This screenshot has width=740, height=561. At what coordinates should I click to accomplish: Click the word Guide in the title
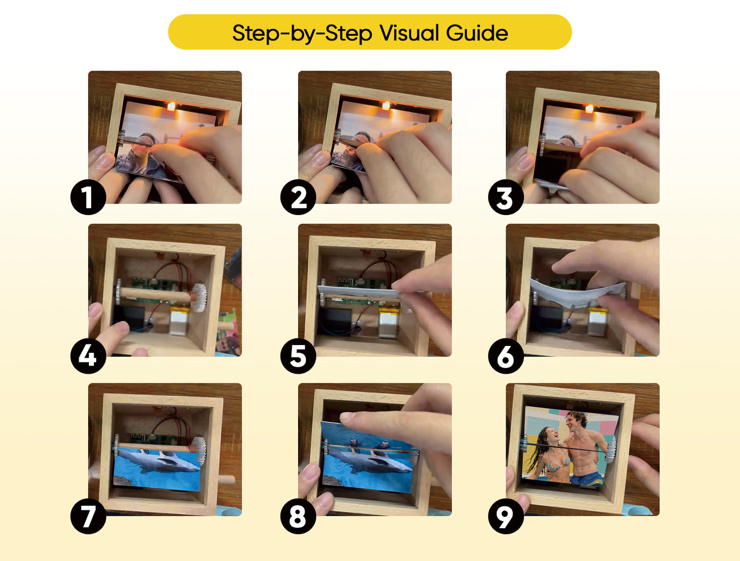tap(476, 33)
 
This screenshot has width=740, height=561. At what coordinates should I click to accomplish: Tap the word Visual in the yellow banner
tap(409, 33)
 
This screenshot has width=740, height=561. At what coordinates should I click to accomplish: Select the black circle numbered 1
tap(88, 197)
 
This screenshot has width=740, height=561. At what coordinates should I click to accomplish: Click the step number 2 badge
tap(298, 197)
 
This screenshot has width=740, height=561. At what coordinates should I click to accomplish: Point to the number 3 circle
tap(505, 197)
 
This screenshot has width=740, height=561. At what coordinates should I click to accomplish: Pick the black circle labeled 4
tap(88, 356)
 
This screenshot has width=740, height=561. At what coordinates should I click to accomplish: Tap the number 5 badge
tap(298, 356)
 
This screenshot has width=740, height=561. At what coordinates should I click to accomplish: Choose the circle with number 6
tap(505, 356)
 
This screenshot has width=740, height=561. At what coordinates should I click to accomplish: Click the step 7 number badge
tap(88, 516)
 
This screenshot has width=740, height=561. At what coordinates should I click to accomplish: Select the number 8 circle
tap(298, 516)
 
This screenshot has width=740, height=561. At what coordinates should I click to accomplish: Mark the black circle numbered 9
tap(505, 516)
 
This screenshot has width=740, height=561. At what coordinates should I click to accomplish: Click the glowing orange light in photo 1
tap(171, 106)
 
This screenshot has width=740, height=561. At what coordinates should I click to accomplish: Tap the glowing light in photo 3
tap(589, 109)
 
